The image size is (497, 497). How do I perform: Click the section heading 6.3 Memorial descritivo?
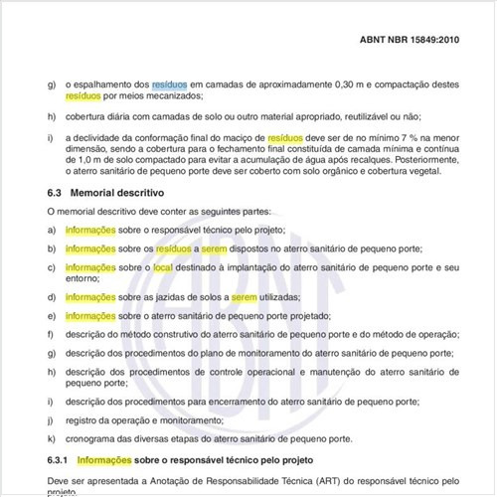tap(105, 192)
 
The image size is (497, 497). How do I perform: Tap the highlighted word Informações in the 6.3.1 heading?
tap(108, 460)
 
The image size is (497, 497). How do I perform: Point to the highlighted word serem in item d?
tap(246, 297)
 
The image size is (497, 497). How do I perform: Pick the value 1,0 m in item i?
tap(75, 158)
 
